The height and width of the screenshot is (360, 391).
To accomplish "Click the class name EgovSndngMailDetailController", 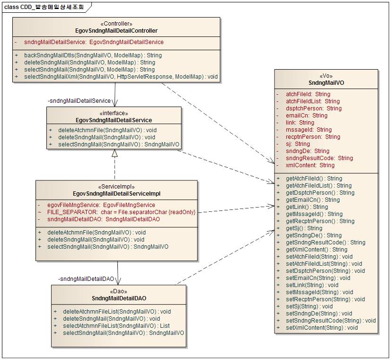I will click(x=116, y=30).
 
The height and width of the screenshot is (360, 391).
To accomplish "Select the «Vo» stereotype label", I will click(x=326, y=75).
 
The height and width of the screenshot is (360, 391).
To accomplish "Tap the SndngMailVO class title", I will click(x=326, y=82).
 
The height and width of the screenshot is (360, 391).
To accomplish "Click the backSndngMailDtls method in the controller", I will click(x=93, y=55).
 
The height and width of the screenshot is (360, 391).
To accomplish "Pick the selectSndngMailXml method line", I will click(x=121, y=77).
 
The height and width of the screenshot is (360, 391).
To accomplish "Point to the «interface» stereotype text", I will click(x=114, y=113).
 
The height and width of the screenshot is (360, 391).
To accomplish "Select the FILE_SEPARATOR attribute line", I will click(x=121, y=212).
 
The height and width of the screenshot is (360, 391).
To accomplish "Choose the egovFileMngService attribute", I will click(x=101, y=205).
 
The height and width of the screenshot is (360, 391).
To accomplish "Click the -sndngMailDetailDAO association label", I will click(x=86, y=279).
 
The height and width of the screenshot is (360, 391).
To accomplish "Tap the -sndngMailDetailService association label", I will click(x=79, y=101).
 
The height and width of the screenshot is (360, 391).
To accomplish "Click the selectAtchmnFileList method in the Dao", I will click(x=110, y=326).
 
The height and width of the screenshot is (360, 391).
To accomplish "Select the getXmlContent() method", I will click(x=316, y=250).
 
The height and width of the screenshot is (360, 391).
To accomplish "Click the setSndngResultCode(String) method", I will click(x=330, y=321).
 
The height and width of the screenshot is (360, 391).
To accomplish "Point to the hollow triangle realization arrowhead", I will click(x=114, y=153).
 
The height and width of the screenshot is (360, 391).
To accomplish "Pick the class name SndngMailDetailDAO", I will click(x=119, y=298).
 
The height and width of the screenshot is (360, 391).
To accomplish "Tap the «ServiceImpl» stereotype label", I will click(x=116, y=187).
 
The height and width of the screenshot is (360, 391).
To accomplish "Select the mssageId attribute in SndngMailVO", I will click(x=309, y=130).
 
